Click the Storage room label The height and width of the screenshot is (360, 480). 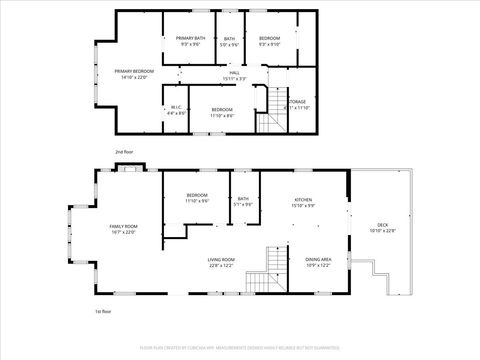click(x=297, y=104)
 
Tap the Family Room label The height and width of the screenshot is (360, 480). click(x=122, y=229)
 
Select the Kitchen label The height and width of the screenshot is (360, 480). click(x=303, y=202)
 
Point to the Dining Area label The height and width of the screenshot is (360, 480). click(x=318, y=262)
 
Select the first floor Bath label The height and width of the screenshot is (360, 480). click(x=242, y=201)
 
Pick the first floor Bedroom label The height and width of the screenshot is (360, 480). click(x=196, y=197)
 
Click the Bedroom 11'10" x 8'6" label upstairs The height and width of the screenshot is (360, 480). click(x=222, y=112)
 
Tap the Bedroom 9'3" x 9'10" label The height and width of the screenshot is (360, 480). click(x=270, y=41)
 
